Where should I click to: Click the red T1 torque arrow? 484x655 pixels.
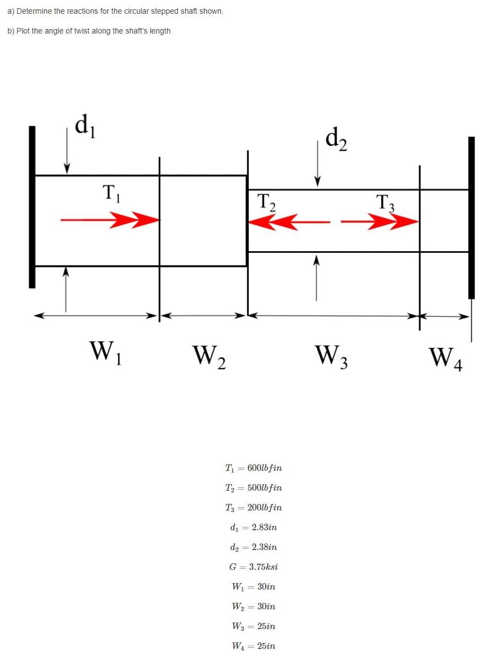coord(110,220)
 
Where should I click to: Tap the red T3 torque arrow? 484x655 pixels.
coord(380,222)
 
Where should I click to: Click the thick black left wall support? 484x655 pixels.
coord(32,207)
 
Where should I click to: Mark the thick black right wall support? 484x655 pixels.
coord(471,218)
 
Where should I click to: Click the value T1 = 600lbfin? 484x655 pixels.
coord(253,468)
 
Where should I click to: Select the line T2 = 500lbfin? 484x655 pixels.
coord(253,488)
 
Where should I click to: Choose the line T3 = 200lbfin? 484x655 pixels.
coord(253,508)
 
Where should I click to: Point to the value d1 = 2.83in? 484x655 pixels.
coord(253,528)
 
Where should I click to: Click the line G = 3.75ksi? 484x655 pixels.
coord(253,567)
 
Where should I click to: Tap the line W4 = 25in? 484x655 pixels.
coord(253,646)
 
